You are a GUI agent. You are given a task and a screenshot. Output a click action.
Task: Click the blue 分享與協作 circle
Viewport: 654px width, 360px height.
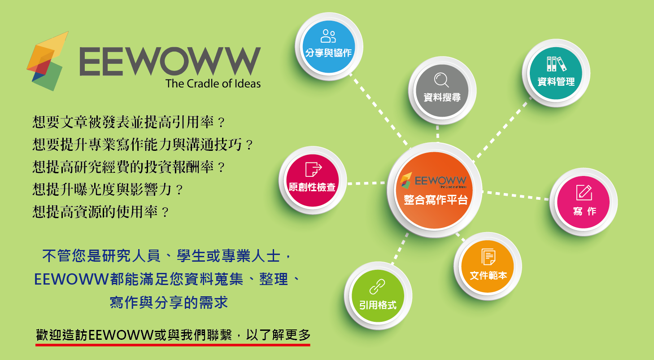click(x=329, y=47)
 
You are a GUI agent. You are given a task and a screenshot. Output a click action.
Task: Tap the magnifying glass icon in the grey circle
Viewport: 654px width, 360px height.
click(x=441, y=80)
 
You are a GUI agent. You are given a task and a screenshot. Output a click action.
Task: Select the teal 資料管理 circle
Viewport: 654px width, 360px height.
click(x=556, y=73)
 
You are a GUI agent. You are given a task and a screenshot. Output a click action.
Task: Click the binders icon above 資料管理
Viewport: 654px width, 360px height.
click(x=557, y=64)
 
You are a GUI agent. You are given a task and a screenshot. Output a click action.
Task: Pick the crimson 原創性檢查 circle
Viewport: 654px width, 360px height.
click(x=313, y=180)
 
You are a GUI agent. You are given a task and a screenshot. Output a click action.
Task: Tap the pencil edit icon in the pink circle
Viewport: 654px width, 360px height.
click(x=584, y=193)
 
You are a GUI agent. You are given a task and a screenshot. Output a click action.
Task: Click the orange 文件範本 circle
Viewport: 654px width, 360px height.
click(x=488, y=266)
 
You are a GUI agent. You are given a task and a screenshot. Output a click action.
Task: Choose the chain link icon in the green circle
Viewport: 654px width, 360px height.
click(x=377, y=287)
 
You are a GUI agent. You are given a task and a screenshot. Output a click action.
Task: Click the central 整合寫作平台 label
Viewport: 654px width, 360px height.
click(x=436, y=200)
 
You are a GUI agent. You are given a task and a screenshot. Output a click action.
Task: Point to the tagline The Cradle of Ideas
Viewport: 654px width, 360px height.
click(x=213, y=83)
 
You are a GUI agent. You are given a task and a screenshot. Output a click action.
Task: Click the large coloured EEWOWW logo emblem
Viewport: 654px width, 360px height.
click(x=48, y=61)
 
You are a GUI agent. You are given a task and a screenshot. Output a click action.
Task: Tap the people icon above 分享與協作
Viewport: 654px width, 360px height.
click(x=328, y=36)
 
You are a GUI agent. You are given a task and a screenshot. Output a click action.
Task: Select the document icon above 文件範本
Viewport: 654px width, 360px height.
click(x=488, y=257)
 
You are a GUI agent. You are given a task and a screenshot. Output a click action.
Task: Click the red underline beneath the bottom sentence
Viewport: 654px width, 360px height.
click(x=173, y=345)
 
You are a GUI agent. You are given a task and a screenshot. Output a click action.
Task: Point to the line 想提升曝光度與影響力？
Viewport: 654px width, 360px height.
click(x=108, y=189)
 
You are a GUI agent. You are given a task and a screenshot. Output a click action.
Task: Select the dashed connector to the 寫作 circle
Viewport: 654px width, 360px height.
click(x=516, y=196)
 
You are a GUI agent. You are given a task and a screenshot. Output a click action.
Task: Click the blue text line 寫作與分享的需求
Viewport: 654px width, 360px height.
click(x=169, y=303)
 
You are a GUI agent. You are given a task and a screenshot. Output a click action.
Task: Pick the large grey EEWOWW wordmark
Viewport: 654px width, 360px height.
click(x=170, y=61)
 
